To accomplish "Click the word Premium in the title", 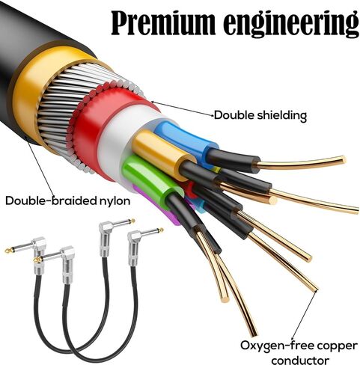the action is tap(163, 22).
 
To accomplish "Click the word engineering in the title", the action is tap(291, 25).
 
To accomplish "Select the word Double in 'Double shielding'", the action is tap(234, 115).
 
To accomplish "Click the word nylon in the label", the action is tap(115, 200).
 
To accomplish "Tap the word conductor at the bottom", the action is tap(300, 360).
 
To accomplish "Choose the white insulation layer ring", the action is tap(118, 140).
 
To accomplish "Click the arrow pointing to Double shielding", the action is tap(183, 108).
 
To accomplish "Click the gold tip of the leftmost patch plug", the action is tap(8, 250).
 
